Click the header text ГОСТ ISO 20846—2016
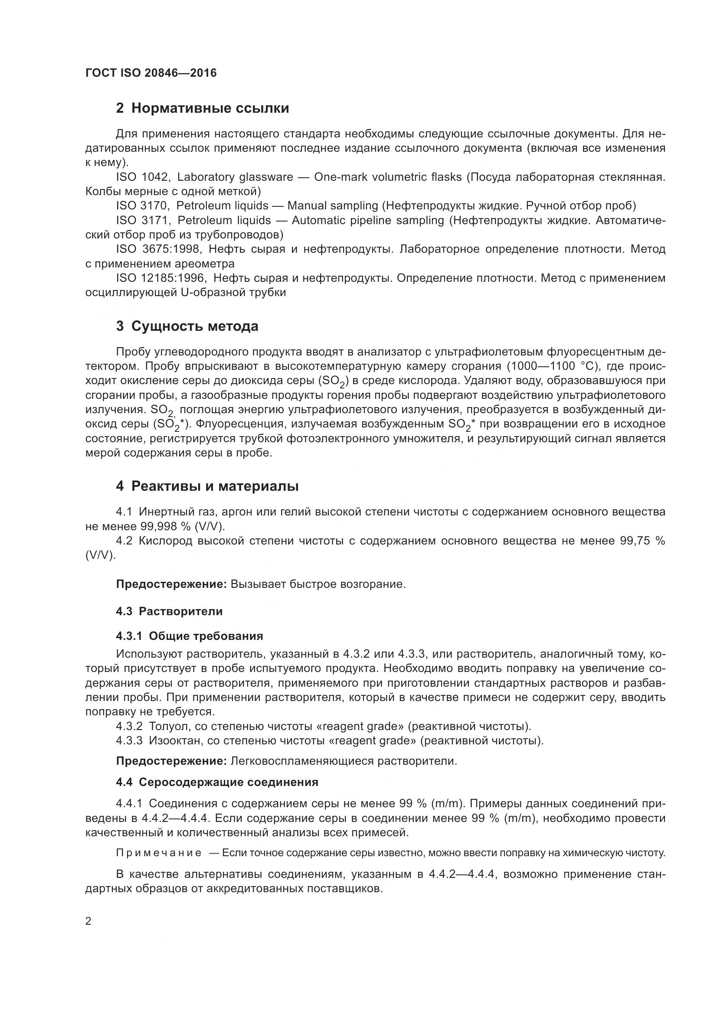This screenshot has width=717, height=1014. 151,73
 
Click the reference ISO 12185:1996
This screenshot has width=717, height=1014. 160,278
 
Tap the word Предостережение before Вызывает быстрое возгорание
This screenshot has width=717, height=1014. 171,584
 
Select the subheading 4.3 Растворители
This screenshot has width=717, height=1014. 169,612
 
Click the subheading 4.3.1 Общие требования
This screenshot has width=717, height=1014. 189,636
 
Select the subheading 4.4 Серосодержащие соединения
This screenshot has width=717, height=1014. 217,783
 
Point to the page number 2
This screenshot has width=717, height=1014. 88,921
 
